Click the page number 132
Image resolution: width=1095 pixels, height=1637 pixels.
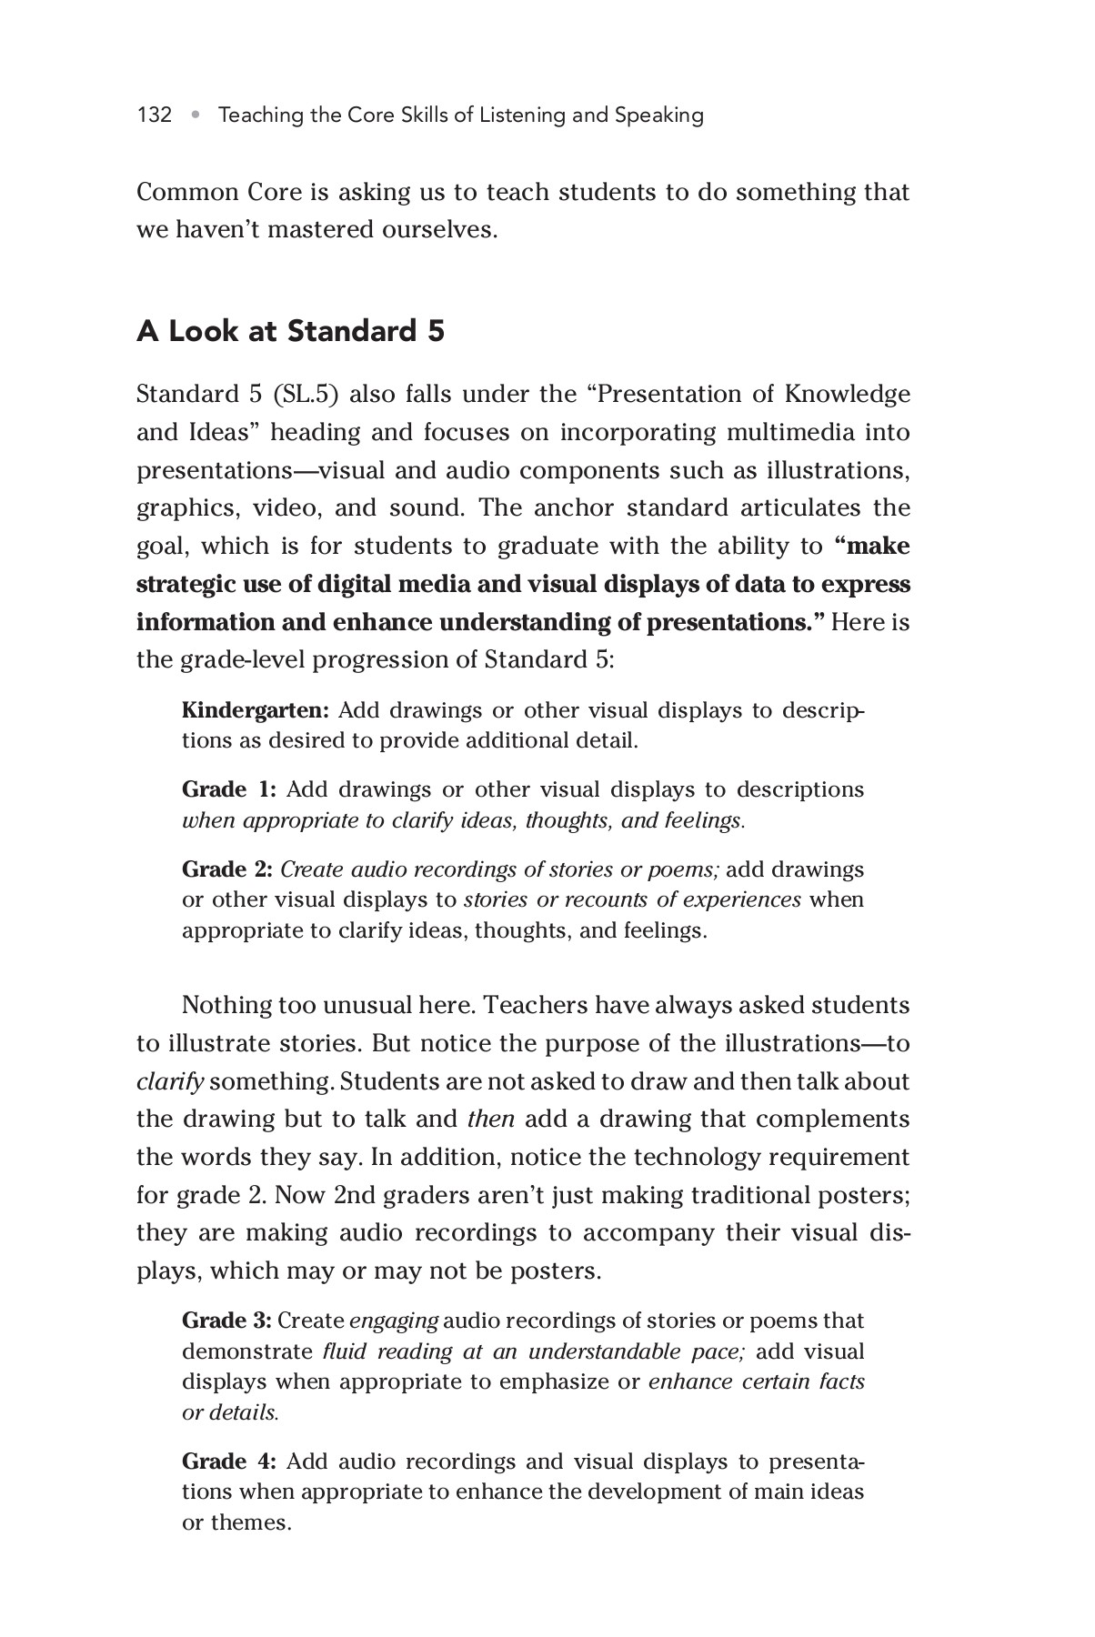tap(155, 115)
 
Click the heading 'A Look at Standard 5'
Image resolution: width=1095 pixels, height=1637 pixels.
tap(290, 331)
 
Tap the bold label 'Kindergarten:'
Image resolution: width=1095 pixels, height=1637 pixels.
tap(256, 710)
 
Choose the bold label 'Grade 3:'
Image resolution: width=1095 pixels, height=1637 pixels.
tap(227, 1321)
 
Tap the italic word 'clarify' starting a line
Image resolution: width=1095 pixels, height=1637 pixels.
tap(170, 1082)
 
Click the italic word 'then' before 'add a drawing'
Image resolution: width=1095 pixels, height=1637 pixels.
tap(490, 1120)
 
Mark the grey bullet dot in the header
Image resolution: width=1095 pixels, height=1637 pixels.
tap(196, 115)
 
